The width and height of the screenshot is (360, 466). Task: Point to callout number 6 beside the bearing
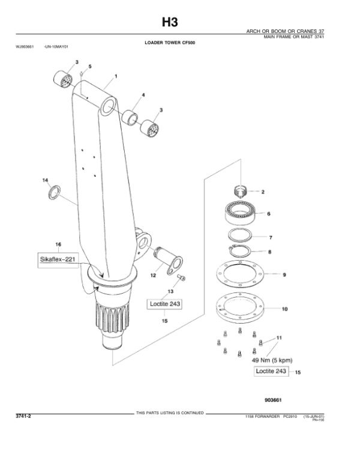click(268, 213)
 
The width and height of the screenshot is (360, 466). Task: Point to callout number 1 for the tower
click(115, 76)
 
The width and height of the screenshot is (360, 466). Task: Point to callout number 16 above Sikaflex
click(58, 244)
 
